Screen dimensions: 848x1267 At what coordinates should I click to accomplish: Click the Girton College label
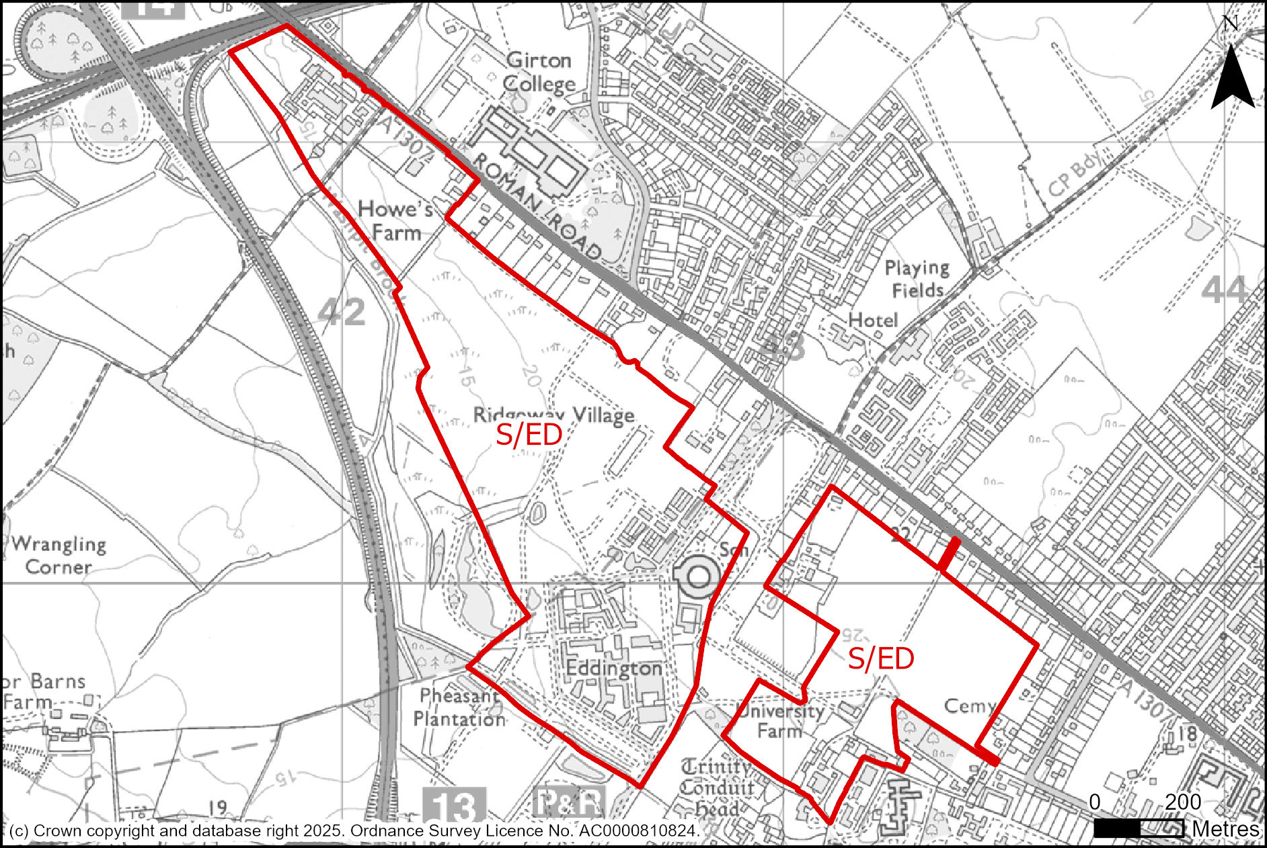pyautogui.click(x=539, y=72)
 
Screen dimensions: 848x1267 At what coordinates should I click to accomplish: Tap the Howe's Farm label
pyautogui.click(x=395, y=221)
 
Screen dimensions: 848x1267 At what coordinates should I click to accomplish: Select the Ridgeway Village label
pyautogui.click(x=553, y=415)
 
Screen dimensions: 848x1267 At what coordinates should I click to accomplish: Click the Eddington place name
pyautogui.click(x=614, y=669)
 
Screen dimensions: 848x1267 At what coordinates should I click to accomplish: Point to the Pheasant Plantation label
pyautogui.click(x=459, y=707)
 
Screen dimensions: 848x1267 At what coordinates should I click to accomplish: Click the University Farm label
pyautogui.click(x=780, y=720)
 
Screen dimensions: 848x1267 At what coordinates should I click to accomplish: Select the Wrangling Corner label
pyautogui.click(x=59, y=555)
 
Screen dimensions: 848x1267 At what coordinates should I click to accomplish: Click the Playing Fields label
pyautogui.click(x=917, y=279)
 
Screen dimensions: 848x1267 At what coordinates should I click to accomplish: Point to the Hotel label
pyautogui.click(x=873, y=321)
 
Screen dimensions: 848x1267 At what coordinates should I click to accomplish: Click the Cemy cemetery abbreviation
pyautogui.click(x=969, y=706)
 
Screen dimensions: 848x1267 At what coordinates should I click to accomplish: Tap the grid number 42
pyautogui.click(x=342, y=312)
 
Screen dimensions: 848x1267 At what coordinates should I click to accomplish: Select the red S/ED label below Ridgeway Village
pyautogui.click(x=529, y=436)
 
